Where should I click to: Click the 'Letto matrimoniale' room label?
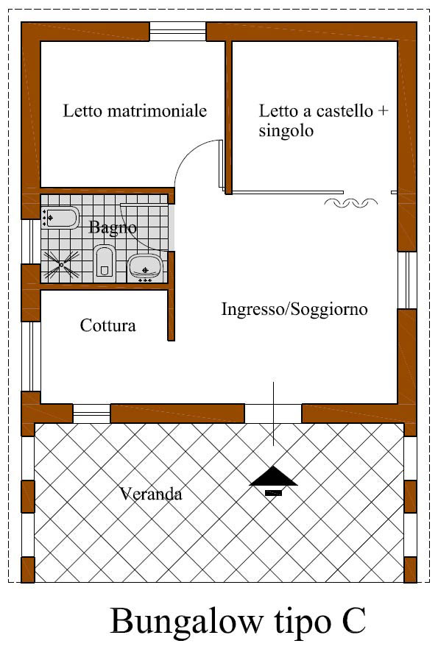pos(135,111)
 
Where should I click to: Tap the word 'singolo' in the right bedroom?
pos(286,131)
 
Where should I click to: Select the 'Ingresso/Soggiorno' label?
pos(294,309)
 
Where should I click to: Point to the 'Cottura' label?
pos(107,325)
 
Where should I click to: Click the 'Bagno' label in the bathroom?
pos(113,227)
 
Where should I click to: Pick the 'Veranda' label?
pos(151,493)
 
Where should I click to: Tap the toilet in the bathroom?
pos(105,260)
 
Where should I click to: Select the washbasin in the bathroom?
pos(145,267)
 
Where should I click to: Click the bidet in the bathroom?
pos(60,217)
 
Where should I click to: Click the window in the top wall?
pos(177,32)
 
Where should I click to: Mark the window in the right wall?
pos(407,280)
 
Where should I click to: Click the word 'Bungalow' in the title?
pos(187,622)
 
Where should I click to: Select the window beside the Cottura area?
pos(31,356)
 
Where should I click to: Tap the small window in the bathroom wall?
pos(31,241)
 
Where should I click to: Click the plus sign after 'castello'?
pos(383,111)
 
